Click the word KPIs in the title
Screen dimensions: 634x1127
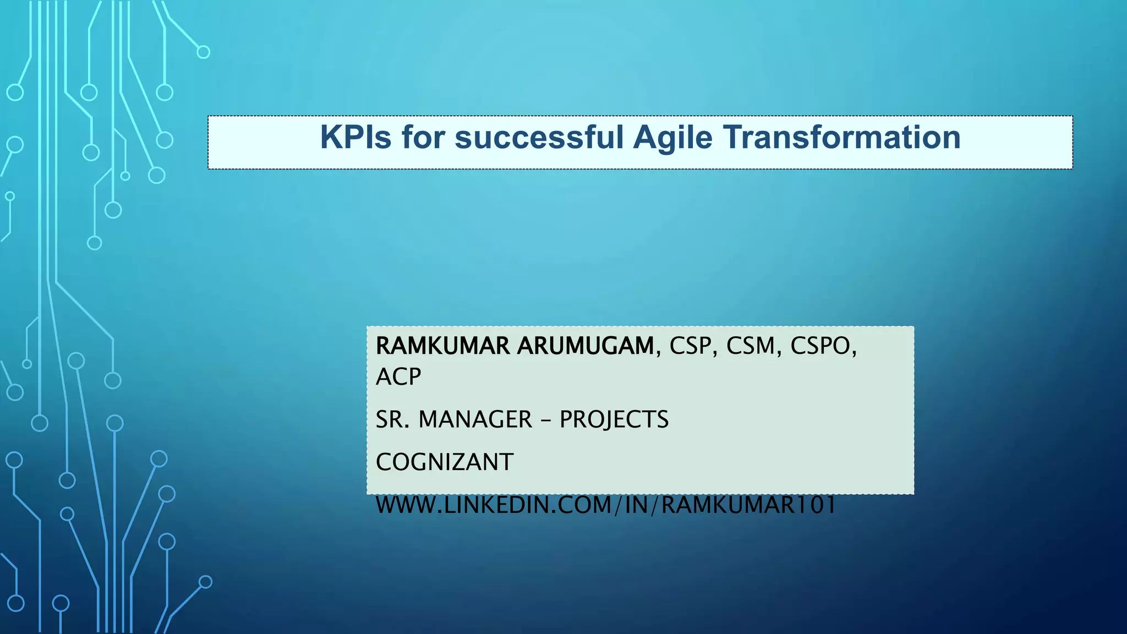pos(355,138)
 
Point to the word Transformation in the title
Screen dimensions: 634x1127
pos(841,138)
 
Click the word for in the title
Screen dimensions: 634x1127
pos(423,138)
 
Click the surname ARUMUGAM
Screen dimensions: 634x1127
pos(585,346)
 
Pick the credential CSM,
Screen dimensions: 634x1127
pos(754,346)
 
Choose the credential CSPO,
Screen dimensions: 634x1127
pos(823,346)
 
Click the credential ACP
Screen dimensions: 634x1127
pos(398,377)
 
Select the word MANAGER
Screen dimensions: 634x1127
pos(475,420)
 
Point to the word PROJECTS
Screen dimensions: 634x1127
pos(614,420)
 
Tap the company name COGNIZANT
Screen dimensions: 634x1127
pos(445,462)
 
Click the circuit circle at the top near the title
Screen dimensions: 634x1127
pos(204,52)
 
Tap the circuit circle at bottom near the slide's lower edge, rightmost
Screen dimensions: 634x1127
pos(205,582)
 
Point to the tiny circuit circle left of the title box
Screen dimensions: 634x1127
pos(125,176)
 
